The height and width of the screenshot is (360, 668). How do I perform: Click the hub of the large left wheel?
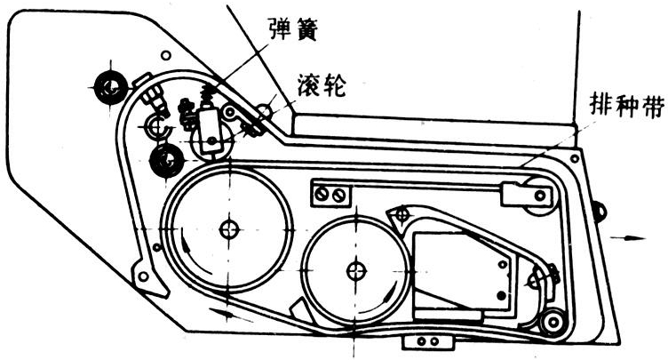coord(230,228)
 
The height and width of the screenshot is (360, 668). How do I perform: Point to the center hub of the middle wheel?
coord(357,268)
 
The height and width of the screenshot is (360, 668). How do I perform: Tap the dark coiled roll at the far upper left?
coord(111,86)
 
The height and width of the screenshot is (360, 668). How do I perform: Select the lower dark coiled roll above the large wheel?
coord(166,161)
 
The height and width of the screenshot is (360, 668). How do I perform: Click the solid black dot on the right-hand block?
coord(501,293)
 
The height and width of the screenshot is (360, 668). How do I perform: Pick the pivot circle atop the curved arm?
coord(402,212)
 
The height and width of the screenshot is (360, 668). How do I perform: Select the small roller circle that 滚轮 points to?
coord(263,110)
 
